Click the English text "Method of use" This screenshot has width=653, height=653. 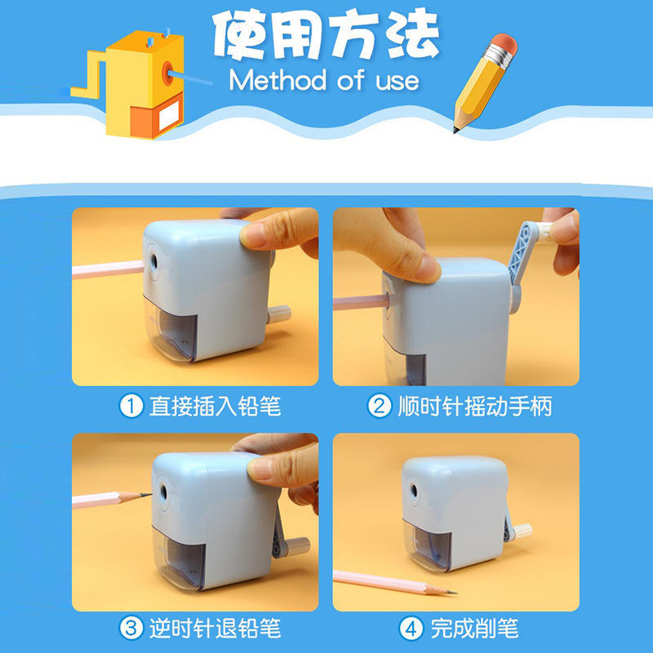coord(324,80)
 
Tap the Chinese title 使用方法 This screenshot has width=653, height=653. coord(326,34)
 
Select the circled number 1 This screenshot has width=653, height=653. coord(131,406)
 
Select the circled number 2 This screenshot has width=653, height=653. coord(380,406)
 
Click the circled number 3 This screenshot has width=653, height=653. coord(131,629)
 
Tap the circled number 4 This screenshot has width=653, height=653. coord(411,629)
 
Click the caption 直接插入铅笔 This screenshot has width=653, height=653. coord(215,406)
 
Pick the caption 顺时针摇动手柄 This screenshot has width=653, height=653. coord(475,406)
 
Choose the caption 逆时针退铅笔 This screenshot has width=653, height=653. coord(215,629)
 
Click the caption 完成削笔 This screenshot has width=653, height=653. coord(474,629)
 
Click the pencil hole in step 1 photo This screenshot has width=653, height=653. coord(154,261)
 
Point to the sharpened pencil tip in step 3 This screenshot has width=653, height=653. coord(146,495)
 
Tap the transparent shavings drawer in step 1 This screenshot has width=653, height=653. coord(171,329)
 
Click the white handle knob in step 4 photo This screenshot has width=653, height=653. coord(522,531)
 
